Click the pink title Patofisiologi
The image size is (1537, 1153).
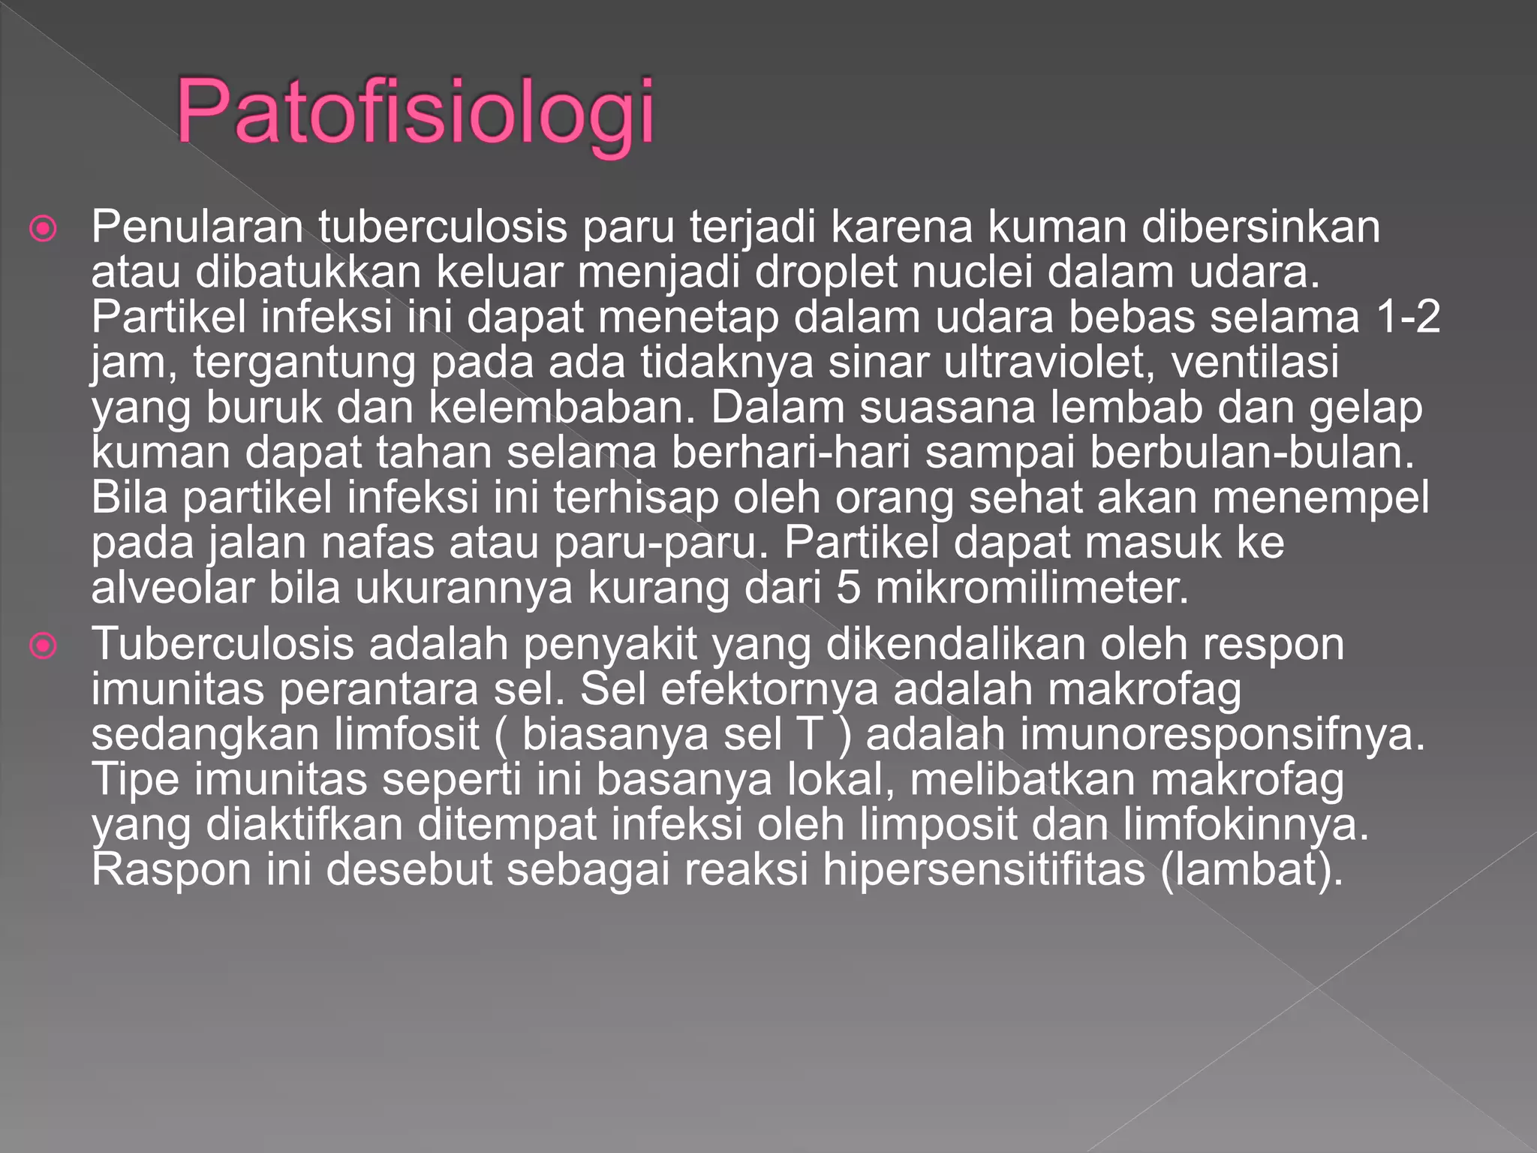(415, 113)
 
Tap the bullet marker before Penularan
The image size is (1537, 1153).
(44, 228)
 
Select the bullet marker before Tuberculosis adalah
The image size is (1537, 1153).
(44, 645)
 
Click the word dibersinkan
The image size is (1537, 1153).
(1260, 227)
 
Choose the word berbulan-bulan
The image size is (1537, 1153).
(1252, 453)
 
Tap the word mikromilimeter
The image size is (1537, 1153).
(1032, 588)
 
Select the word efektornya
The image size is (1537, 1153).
(768, 690)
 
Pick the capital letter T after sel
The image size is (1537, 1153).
(811, 734)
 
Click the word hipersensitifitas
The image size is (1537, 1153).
(984, 870)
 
